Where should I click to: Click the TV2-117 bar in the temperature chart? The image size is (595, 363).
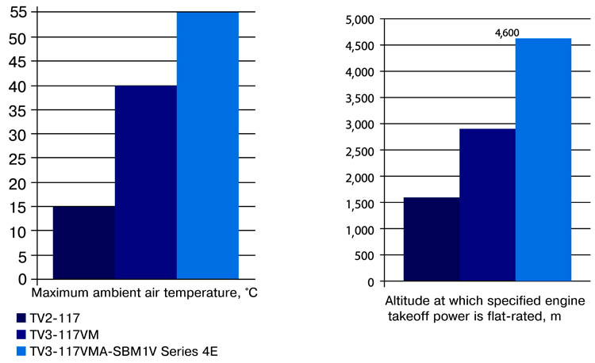83,243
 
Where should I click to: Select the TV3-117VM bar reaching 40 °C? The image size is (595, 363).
145,182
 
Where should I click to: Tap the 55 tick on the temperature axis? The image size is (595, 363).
17,13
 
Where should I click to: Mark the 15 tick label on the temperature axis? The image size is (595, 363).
17,207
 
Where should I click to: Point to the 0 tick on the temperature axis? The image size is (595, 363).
22,279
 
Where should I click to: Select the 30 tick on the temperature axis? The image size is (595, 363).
17,134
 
